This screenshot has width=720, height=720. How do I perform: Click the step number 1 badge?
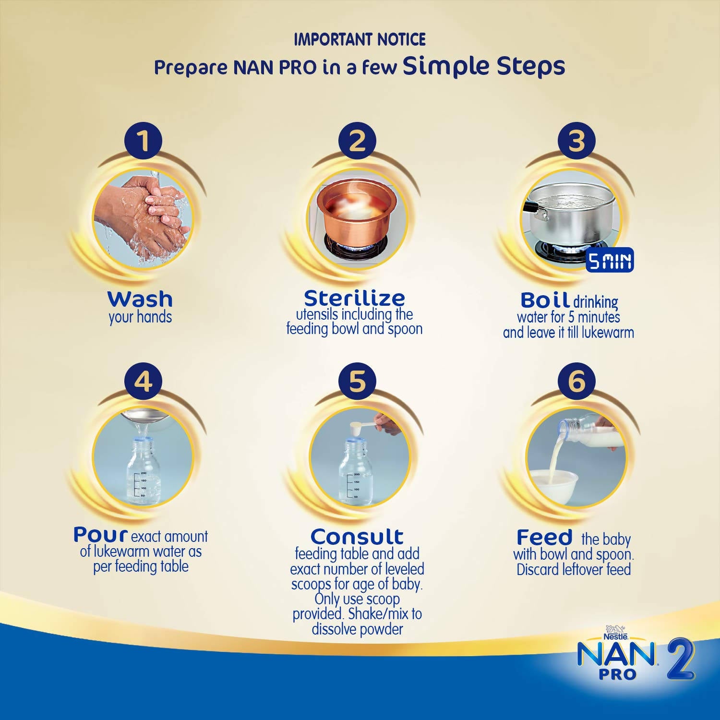(x=143, y=141)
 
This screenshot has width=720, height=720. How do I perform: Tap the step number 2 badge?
(x=357, y=141)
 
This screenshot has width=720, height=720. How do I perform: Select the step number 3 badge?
(x=576, y=141)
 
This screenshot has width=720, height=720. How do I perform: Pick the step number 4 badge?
(x=143, y=382)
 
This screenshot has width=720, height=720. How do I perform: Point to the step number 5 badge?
(x=357, y=382)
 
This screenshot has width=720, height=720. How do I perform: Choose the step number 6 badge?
(x=576, y=382)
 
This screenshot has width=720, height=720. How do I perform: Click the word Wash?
(x=140, y=299)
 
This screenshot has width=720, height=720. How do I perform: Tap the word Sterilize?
(x=354, y=298)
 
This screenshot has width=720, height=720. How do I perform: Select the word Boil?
(x=545, y=300)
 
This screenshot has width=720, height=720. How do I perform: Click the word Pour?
(x=100, y=534)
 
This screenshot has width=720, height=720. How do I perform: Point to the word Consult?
(x=357, y=536)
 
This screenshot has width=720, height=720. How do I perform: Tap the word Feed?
(x=544, y=537)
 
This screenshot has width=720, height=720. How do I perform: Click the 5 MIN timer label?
(x=610, y=261)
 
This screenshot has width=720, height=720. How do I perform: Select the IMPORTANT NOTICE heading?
(x=360, y=39)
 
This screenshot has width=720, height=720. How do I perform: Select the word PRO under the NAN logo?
(x=617, y=674)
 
